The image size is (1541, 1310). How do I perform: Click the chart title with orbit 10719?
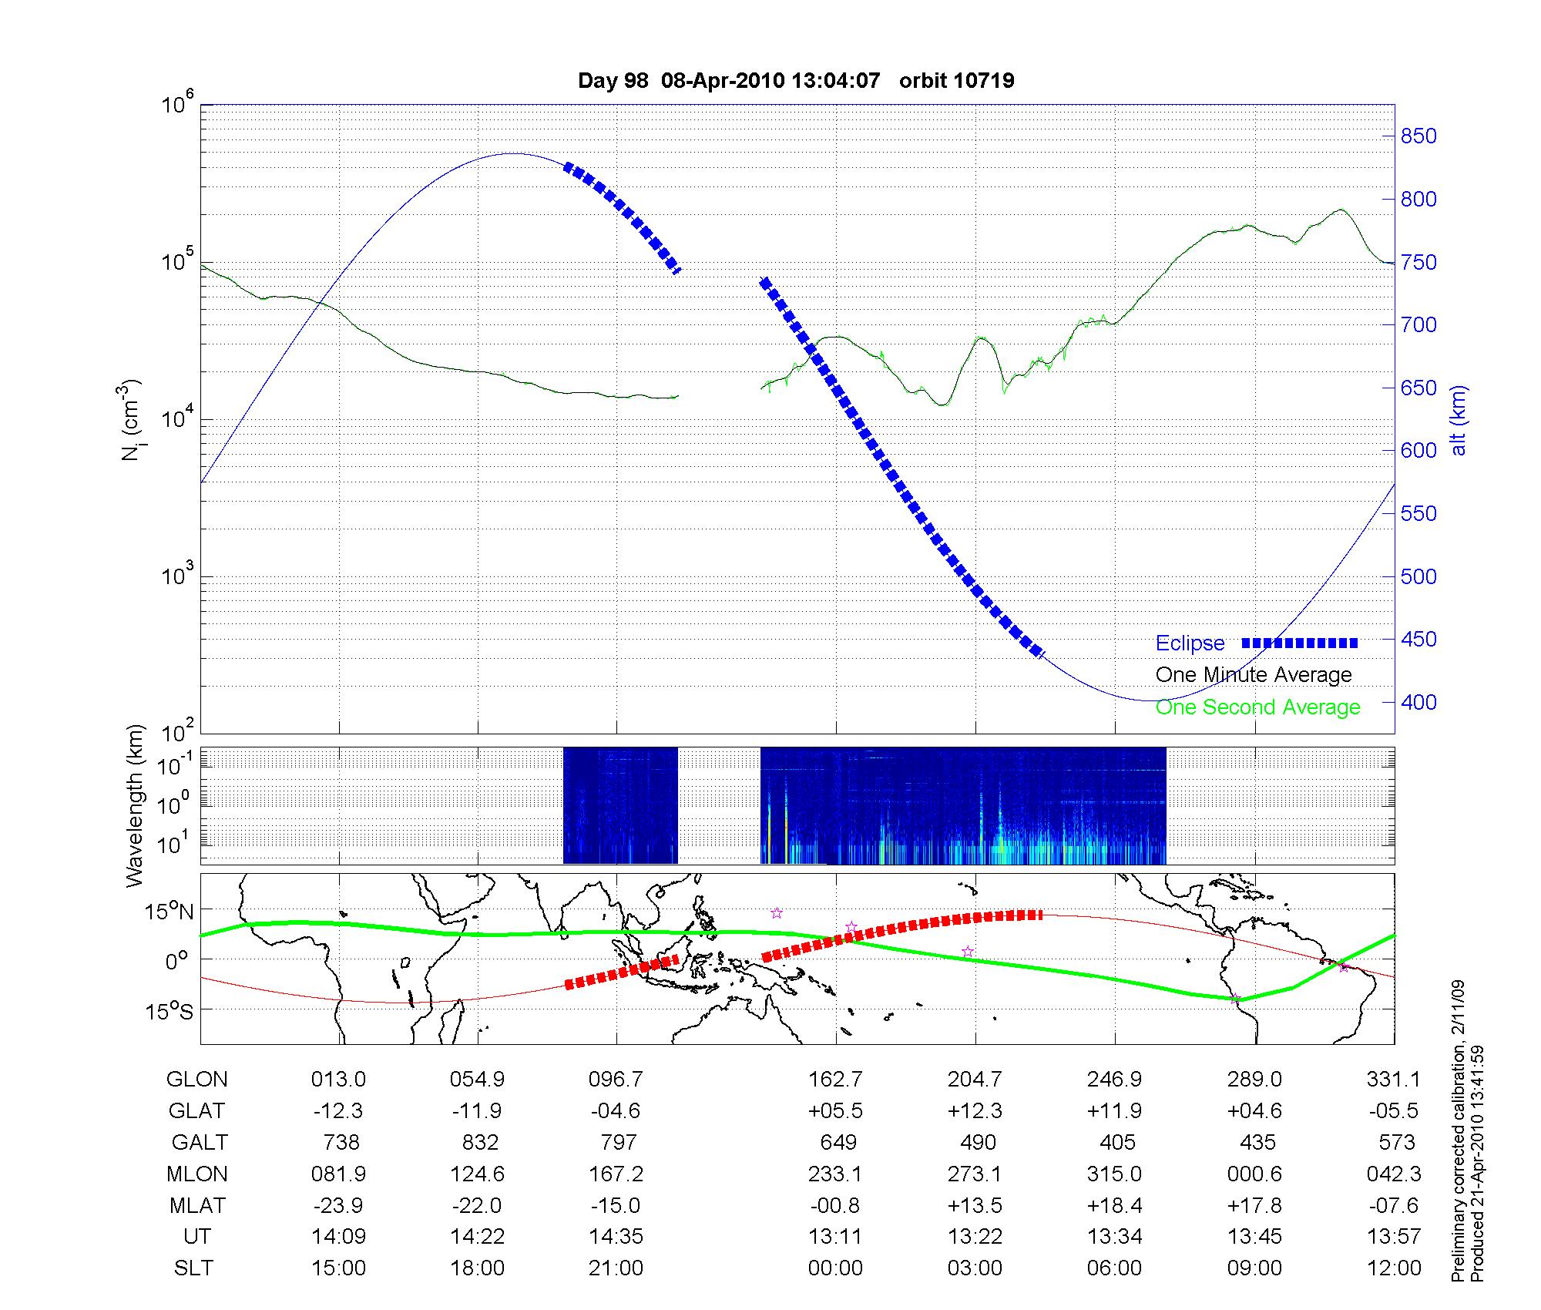pyautogui.click(x=796, y=80)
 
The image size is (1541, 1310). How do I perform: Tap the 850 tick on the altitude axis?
pyautogui.click(x=1418, y=136)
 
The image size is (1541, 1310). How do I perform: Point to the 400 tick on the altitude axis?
pyautogui.click(x=1418, y=702)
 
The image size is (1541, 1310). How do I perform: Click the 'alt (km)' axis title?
pyautogui.click(x=1458, y=420)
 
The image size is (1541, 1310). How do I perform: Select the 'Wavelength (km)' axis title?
pyautogui.click(x=135, y=805)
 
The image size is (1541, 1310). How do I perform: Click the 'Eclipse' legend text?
pyautogui.click(x=1190, y=643)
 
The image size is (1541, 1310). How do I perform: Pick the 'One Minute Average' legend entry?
pyautogui.click(x=1254, y=675)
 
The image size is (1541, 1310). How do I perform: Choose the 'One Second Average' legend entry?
pyautogui.click(x=1257, y=707)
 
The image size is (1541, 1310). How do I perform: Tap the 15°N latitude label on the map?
pyautogui.click(x=170, y=912)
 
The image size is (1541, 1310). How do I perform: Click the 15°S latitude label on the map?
pyautogui.click(x=170, y=1010)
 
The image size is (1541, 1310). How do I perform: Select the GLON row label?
pyautogui.click(x=196, y=1079)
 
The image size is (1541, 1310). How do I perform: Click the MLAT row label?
pyautogui.click(x=197, y=1205)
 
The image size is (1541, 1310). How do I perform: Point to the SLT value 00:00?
pyautogui.click(x=835, y=1268)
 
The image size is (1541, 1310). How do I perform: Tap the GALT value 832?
pyautogui.click(x=480, y=1142)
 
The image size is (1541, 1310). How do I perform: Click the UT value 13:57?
pyautogui.click(x=1394, y=1236)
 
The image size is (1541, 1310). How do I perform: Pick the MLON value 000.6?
pyautogui.click(x=1254, y=1174)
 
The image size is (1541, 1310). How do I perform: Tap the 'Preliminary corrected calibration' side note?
pyautogui.click(x=1458, y=1133)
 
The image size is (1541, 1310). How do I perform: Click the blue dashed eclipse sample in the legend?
pyautogui.click(x=1300, y=643)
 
